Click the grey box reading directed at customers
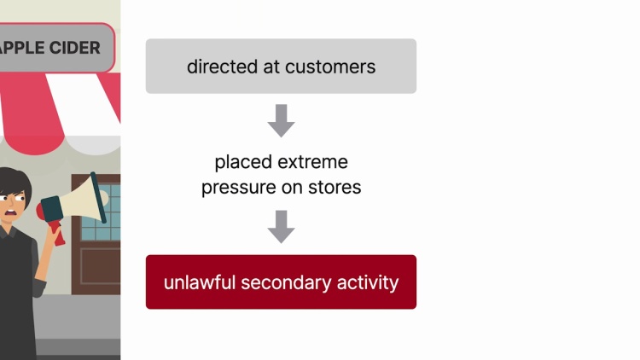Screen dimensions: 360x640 coord(281,66)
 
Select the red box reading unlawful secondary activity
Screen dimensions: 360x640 coord(281,282)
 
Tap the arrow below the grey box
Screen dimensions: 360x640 coord(281,120)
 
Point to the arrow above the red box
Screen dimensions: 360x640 coord(281,226)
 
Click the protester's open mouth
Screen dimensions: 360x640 coord(16,214)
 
